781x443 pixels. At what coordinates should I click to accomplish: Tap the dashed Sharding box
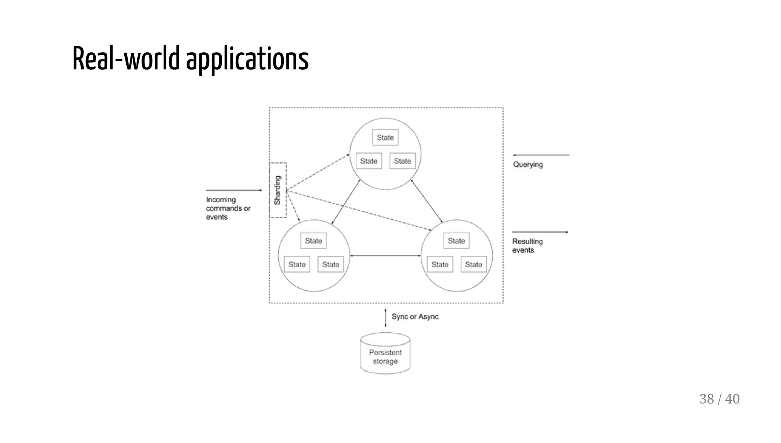coord(278,190)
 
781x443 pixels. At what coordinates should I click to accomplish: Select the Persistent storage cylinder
coord(385,354)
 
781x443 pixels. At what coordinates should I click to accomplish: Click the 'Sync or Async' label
coord(415,317)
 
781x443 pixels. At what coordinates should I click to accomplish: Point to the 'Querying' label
coord(528,164)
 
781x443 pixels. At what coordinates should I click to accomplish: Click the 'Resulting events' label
coord(527,246)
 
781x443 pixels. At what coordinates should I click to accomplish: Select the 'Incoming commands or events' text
coord(228,208)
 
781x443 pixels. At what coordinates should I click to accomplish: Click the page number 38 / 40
coord(719,399)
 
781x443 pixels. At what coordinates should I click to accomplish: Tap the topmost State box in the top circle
coord(385,137)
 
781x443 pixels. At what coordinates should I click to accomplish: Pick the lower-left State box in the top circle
coord(369,161)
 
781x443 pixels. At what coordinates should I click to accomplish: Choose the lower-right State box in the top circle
coord(402,161)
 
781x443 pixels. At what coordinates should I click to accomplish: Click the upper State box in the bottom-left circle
coord(313,241)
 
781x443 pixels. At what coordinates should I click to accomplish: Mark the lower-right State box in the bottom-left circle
coord(331,264)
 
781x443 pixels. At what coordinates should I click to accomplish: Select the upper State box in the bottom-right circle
coord(456,241)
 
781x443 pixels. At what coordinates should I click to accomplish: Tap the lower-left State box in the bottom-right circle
coord(440,264)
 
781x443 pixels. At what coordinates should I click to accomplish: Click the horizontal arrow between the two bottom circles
coord(385,256)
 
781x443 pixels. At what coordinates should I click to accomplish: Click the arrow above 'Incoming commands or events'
coord(234,190)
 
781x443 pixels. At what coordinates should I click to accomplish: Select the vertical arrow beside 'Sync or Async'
coord(385,318)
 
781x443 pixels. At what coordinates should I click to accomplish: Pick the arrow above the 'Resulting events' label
coord(540,232)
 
